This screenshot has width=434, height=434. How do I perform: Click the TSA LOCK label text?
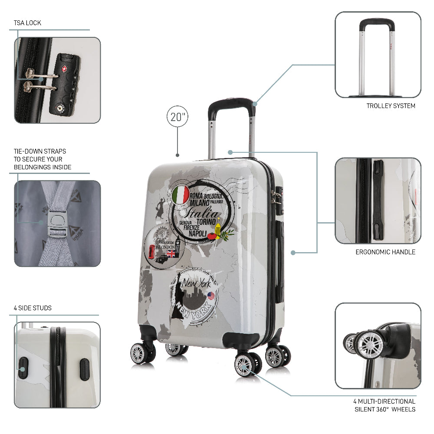coord(27,23)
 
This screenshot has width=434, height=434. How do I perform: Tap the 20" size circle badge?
coord(178,117)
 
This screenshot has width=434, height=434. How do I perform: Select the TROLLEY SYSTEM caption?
coord(391,106)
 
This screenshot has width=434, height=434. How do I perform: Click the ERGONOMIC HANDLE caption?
coord(385,252)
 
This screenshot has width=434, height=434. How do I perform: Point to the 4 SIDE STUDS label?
coord(33,308)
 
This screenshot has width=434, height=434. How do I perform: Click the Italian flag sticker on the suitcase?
coord(181,194)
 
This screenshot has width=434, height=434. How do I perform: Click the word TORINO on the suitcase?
coord(206,221)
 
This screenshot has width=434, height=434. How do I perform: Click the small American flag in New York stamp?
coord(211,296)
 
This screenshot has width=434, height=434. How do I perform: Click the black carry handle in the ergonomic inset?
coord(378,200)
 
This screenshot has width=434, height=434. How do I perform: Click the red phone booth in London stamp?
coord(151,252)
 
